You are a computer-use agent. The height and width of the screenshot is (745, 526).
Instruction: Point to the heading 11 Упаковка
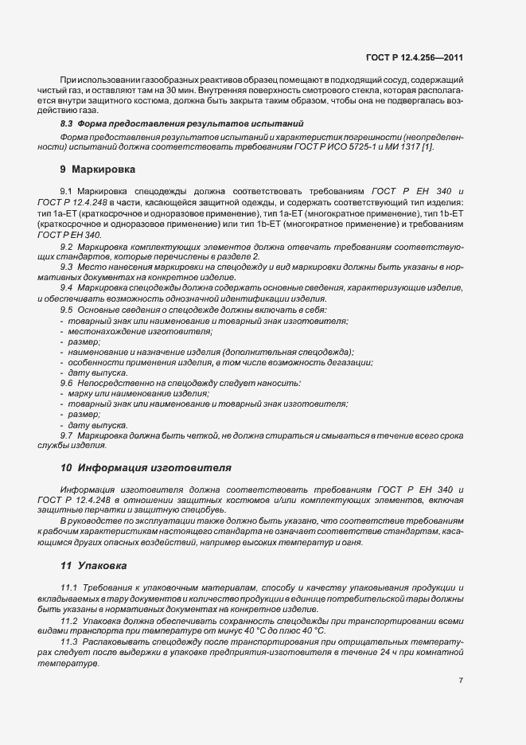[x=94, y=566]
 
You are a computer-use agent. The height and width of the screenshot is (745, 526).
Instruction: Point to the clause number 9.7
[x=67, y=435]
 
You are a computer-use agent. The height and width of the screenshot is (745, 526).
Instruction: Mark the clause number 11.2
[x=69, y=618]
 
